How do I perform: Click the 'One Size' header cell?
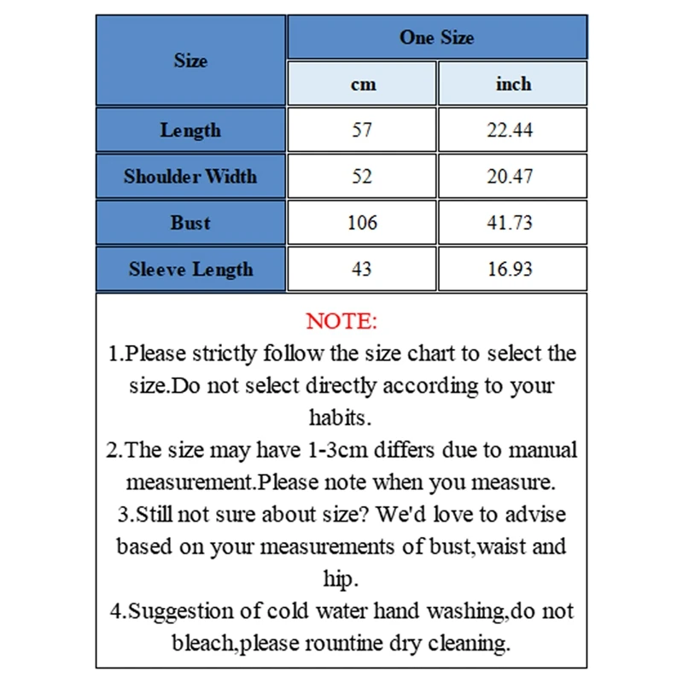436,38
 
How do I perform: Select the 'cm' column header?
363,85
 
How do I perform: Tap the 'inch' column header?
513,85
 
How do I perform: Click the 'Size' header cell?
190,61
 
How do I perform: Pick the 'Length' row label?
190,131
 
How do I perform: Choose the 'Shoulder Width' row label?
190,177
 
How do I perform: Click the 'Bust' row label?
190,223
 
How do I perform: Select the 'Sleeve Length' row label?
190,270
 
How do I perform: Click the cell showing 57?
362,131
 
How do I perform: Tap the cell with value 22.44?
513,131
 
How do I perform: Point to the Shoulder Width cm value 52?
362,177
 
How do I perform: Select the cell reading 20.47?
513,177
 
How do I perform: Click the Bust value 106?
362,223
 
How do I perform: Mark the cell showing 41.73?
513,223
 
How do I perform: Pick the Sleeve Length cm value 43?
362,270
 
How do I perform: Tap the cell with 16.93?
513,270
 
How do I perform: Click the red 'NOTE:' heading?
341,322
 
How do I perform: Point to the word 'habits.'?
341,417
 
